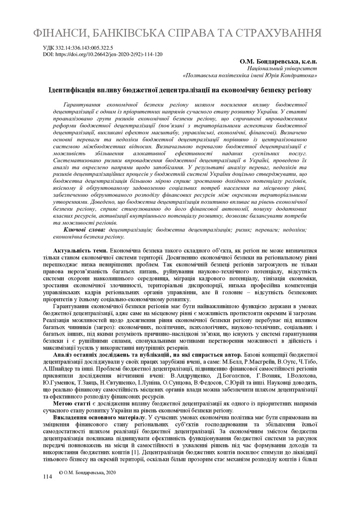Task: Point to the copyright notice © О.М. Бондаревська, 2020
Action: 87,471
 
